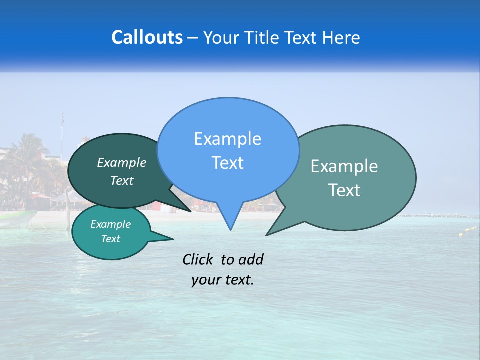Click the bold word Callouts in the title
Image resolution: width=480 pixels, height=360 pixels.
click(147, 37)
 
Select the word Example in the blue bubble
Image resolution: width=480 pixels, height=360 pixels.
click(227, 139)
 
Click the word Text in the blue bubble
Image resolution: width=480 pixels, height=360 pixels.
click(227, 163)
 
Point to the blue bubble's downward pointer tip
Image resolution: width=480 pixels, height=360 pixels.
click(230, 229)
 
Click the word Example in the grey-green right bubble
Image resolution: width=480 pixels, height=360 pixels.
click(344, 166)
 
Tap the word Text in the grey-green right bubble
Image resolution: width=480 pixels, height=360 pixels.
click(344, 190)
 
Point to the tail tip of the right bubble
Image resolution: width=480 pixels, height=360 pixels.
click(267, 235)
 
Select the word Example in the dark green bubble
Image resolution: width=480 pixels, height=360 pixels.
click(122, 162)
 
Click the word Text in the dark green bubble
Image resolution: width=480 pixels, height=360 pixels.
click(122, 180)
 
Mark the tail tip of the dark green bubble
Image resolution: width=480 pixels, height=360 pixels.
click(191, 211)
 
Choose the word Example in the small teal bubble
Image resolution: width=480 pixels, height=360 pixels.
click(110, 224)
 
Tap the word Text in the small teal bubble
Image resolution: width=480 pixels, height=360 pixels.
click(110, 239)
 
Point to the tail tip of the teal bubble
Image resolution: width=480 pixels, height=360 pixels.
click(173, 239)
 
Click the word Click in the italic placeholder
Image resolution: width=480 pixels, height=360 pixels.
click(197, 259)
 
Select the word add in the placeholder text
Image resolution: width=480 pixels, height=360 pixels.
click(251, 259)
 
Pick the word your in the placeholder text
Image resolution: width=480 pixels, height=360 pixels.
click(205, 280)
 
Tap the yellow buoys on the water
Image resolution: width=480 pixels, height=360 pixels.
click(468, 230)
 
